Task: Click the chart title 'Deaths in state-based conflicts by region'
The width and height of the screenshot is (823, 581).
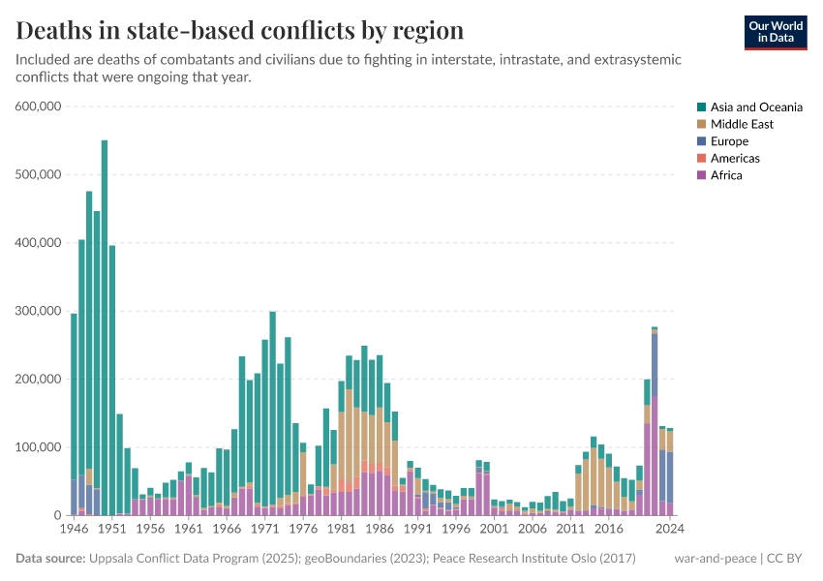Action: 239,30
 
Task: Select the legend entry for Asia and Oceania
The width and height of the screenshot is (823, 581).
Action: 756,107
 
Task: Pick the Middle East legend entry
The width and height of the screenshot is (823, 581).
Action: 742,124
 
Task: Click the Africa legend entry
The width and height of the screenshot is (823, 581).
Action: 726,175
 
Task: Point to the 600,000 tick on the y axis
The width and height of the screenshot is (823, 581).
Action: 40,107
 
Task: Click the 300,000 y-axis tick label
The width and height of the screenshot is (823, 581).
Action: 40,311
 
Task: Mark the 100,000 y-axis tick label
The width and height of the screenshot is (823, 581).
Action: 40,447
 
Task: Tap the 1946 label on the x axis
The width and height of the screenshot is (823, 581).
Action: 74,529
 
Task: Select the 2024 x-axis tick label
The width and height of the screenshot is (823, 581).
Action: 669,529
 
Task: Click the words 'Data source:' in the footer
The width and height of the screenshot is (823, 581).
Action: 48,559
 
